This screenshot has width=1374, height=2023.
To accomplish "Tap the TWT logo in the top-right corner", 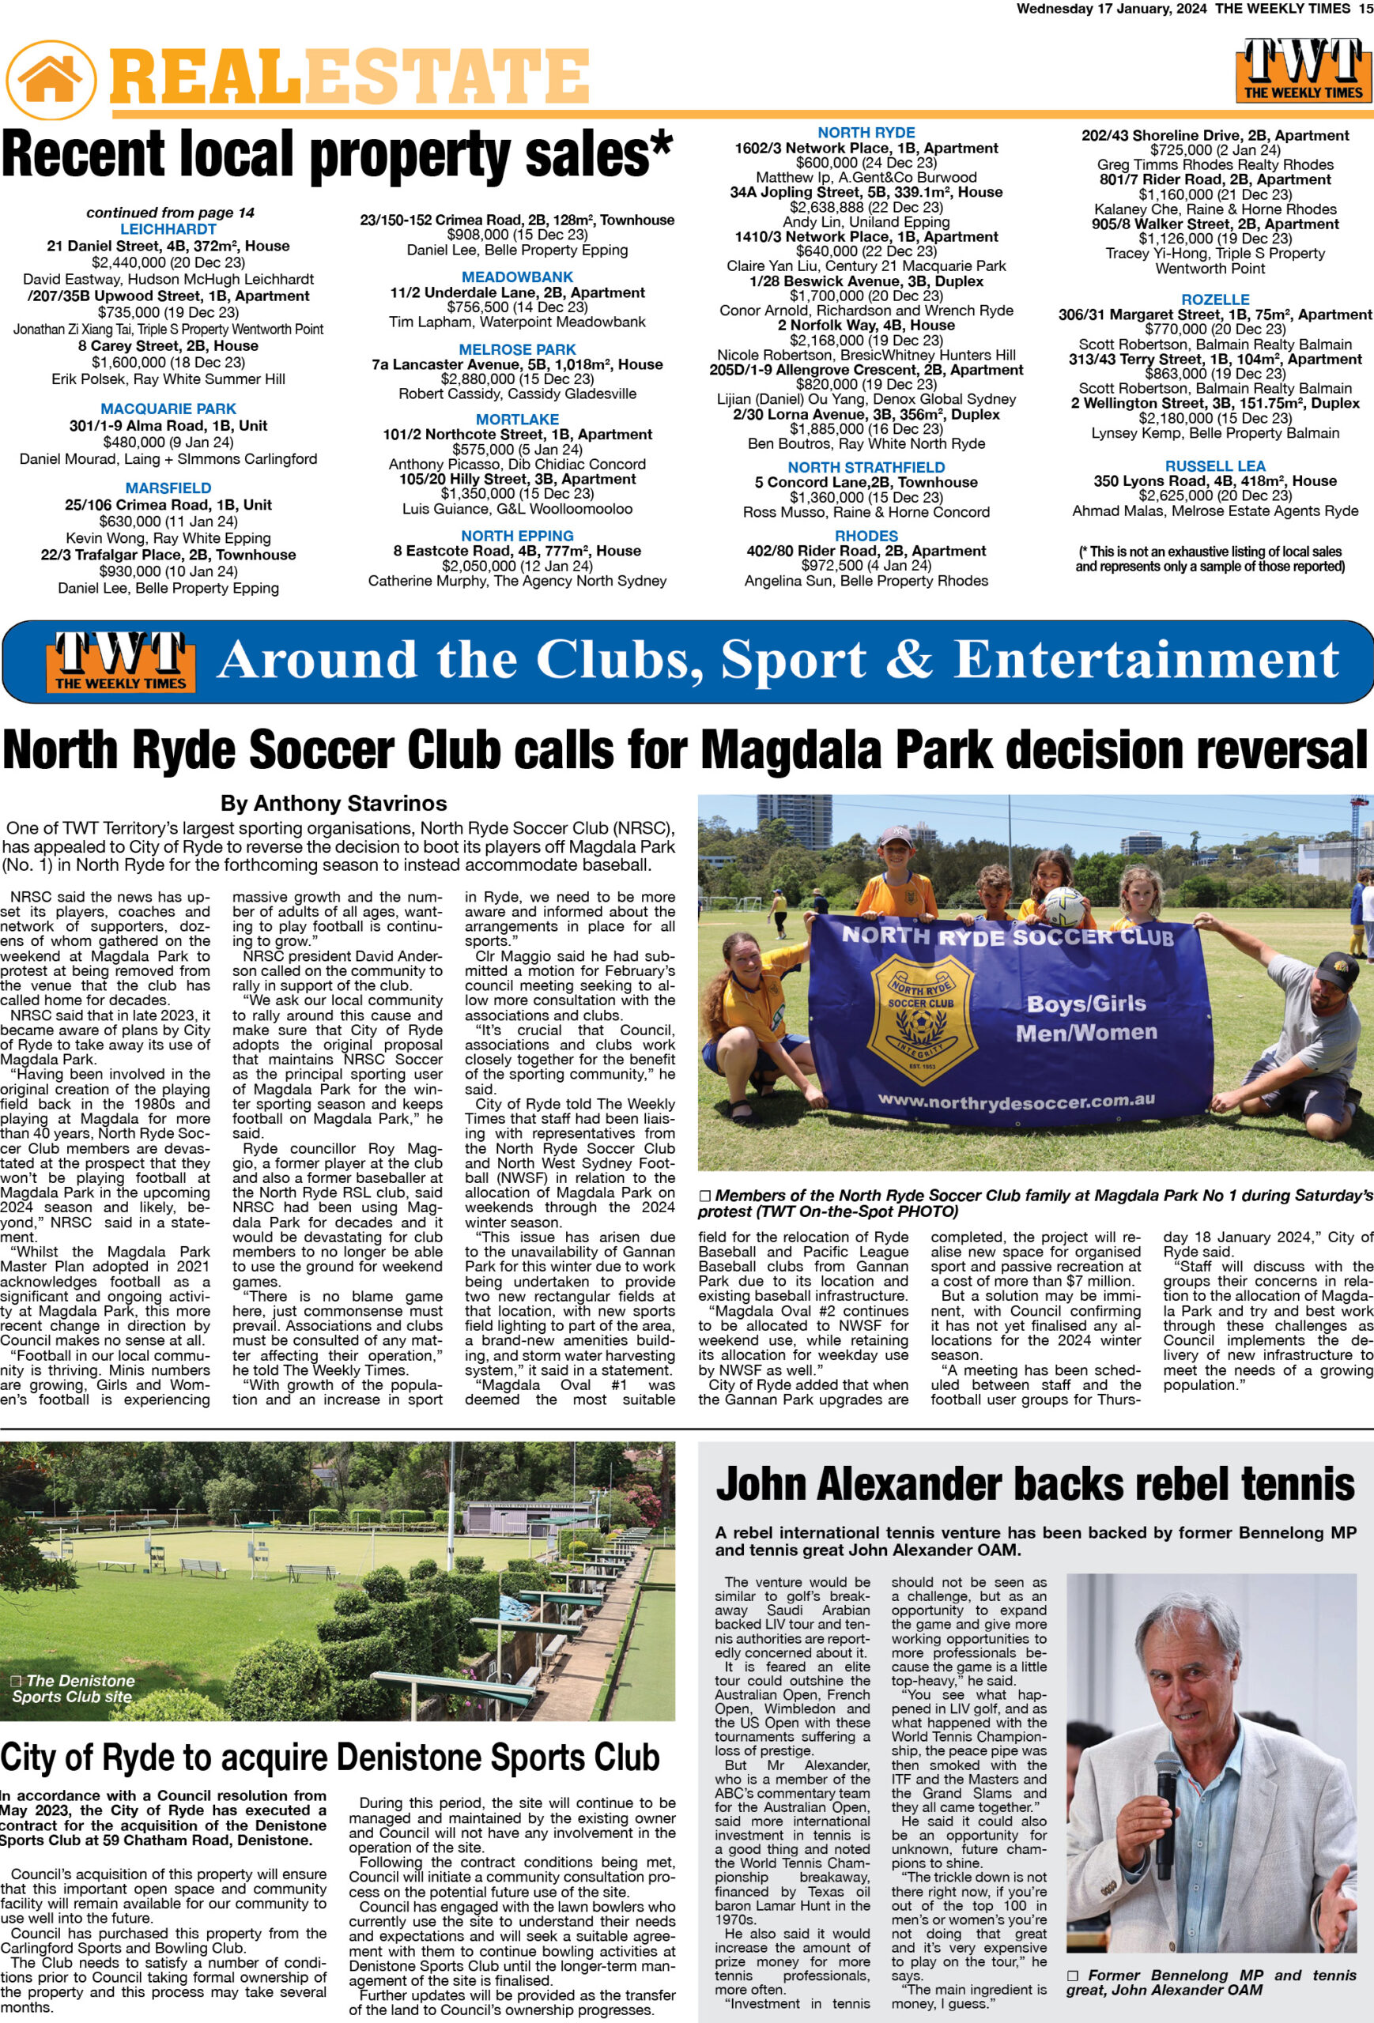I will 1303,70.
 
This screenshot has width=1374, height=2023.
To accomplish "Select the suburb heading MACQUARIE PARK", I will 168,409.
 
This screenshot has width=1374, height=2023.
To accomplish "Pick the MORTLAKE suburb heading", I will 517,419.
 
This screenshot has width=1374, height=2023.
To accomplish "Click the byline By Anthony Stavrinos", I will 334,803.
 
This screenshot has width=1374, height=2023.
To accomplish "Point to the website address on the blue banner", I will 1016,1103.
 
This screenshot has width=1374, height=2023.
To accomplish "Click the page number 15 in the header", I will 1365,9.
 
